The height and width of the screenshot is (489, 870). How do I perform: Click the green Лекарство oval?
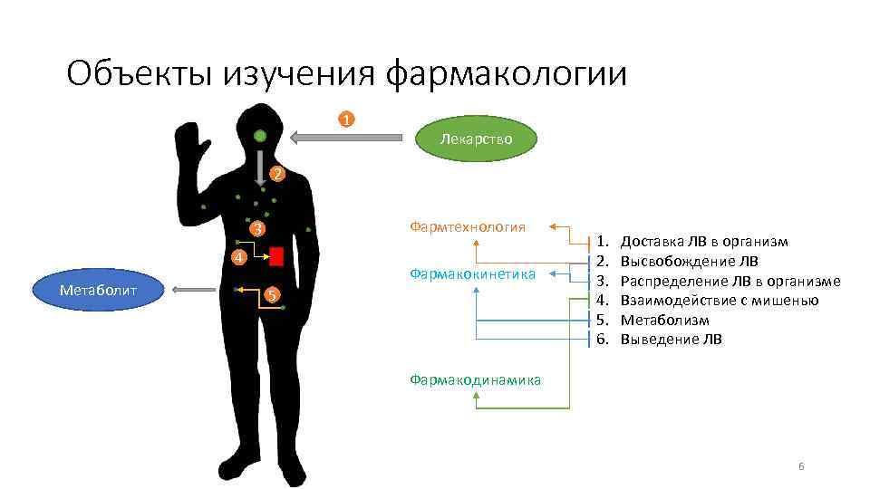(476, 139)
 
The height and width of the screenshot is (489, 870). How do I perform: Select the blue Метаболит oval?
(98, 290)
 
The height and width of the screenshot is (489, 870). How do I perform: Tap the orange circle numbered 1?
(346, 120)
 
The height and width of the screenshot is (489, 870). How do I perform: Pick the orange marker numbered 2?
(277, 173)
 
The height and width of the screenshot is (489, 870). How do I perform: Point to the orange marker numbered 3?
(257, 229)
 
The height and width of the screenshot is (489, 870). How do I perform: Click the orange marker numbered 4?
(237, 258)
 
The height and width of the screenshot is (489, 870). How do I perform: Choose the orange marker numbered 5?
(271, 295)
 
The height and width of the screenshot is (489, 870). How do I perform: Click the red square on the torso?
(276, 256)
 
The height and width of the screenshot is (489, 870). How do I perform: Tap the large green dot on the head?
(260, 137)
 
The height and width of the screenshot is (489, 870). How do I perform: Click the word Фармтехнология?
(468, 226)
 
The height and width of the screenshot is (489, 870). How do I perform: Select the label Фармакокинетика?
(472, 273)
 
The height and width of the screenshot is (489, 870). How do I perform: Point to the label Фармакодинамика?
(475, 379)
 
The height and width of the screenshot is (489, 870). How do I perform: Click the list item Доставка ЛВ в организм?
(703, 242)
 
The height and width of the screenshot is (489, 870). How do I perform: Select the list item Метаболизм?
(664, 321)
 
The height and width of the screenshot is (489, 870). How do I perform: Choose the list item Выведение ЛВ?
(671, 340)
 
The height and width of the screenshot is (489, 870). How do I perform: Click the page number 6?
(801, 465)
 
